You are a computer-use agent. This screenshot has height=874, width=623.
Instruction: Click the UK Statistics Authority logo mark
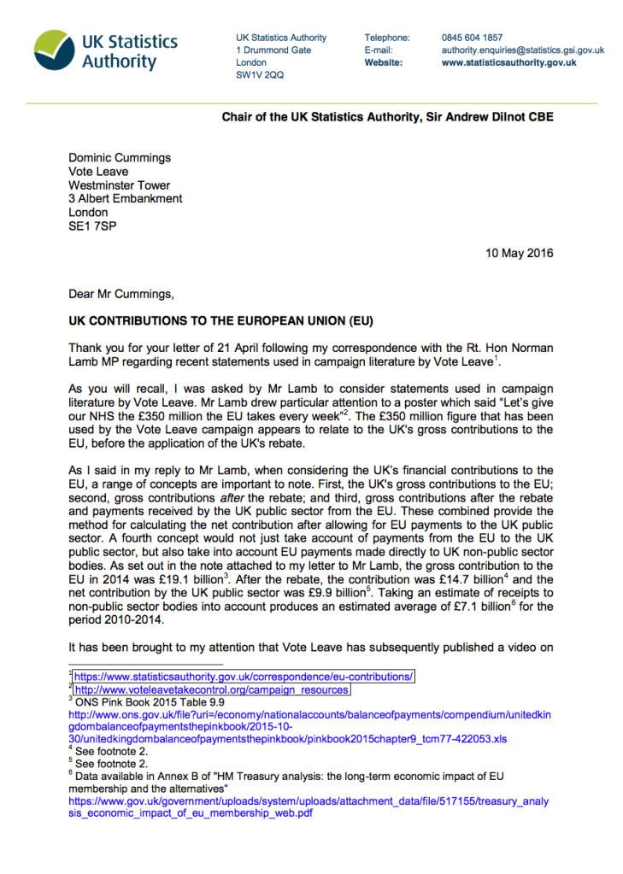[54, 50]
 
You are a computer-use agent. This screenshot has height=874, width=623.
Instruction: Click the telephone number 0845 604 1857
[472, 38]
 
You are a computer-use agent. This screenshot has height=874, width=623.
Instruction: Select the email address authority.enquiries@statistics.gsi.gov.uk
[522, 50]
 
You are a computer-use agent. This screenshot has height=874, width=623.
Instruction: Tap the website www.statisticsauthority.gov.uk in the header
[508, 62]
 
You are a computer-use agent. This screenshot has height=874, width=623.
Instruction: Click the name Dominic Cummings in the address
[120, 158]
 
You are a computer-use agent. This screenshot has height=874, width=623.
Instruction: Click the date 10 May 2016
[519, 253]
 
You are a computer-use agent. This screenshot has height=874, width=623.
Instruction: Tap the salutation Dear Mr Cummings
[120, 295]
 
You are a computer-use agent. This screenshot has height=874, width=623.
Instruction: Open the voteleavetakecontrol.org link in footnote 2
[211, 689]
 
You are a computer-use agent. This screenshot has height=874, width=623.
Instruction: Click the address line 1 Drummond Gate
[273, 50]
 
